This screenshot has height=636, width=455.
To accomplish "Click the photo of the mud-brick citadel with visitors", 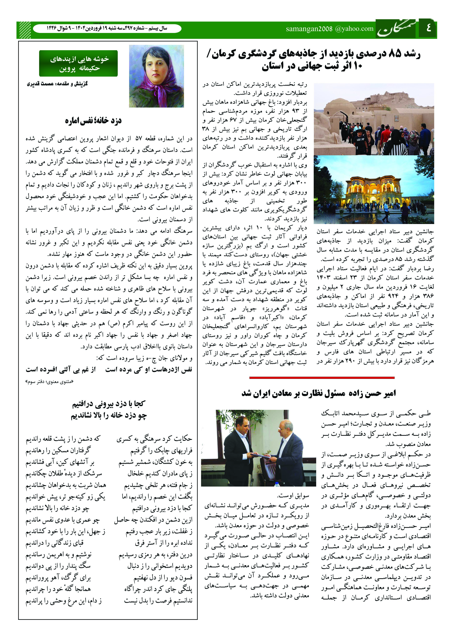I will pyautogui.click(x=374, y=119).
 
